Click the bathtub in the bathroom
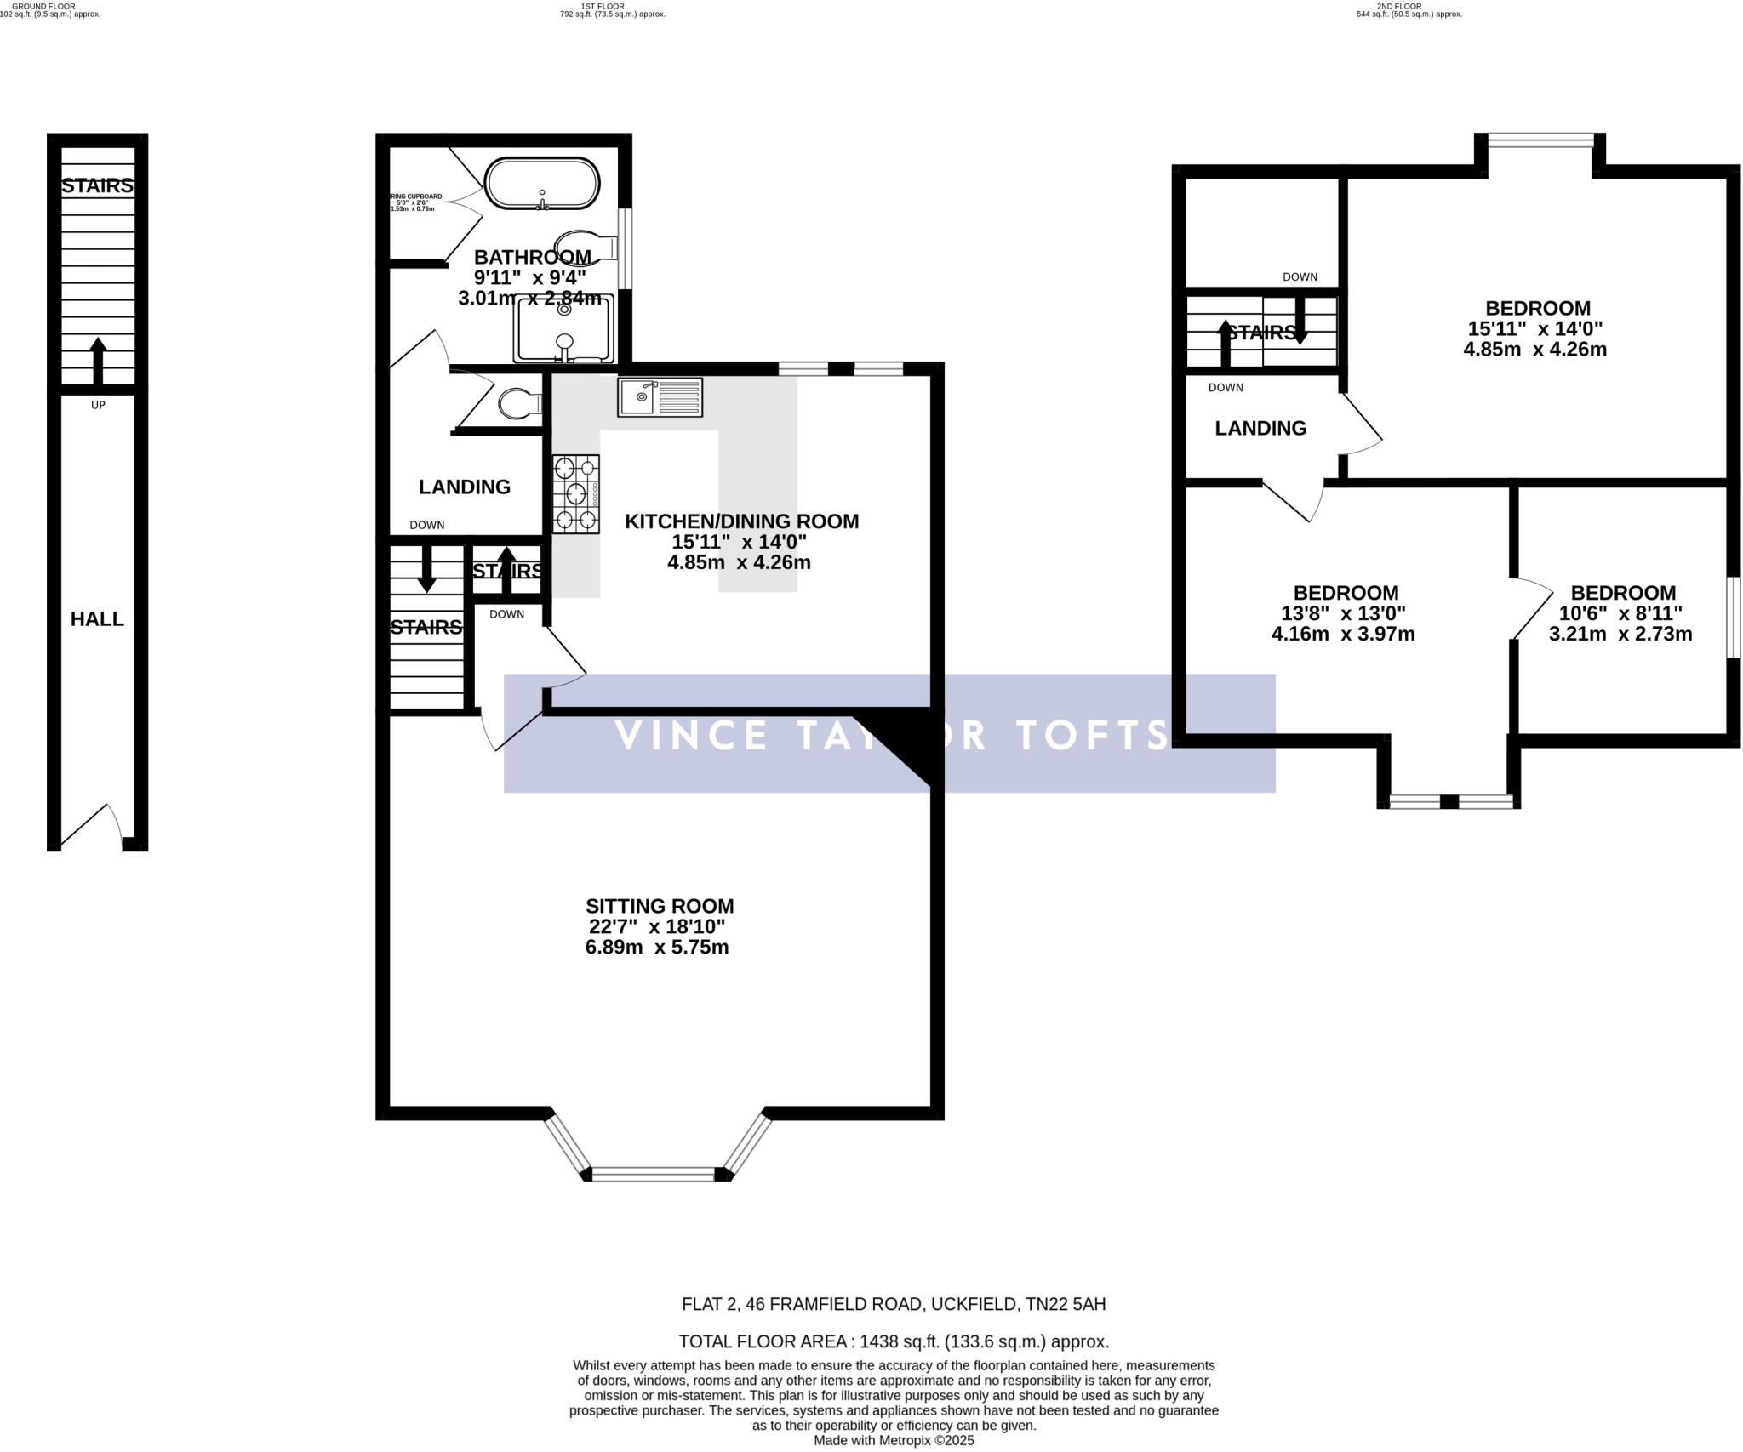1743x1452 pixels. (542, 183)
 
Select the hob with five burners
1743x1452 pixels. (576, 493)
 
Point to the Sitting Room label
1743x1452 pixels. (660, 907)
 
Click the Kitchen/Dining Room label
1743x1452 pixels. (741, 521)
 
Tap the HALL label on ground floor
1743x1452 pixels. (97, 619)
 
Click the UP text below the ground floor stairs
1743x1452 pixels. (98, 405)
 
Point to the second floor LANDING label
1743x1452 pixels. (1260, 429)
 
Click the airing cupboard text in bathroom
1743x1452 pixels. (415, 202)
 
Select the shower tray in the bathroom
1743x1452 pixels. (563, 328)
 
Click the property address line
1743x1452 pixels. (894, 1304)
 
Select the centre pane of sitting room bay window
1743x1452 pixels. (653, 1175)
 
